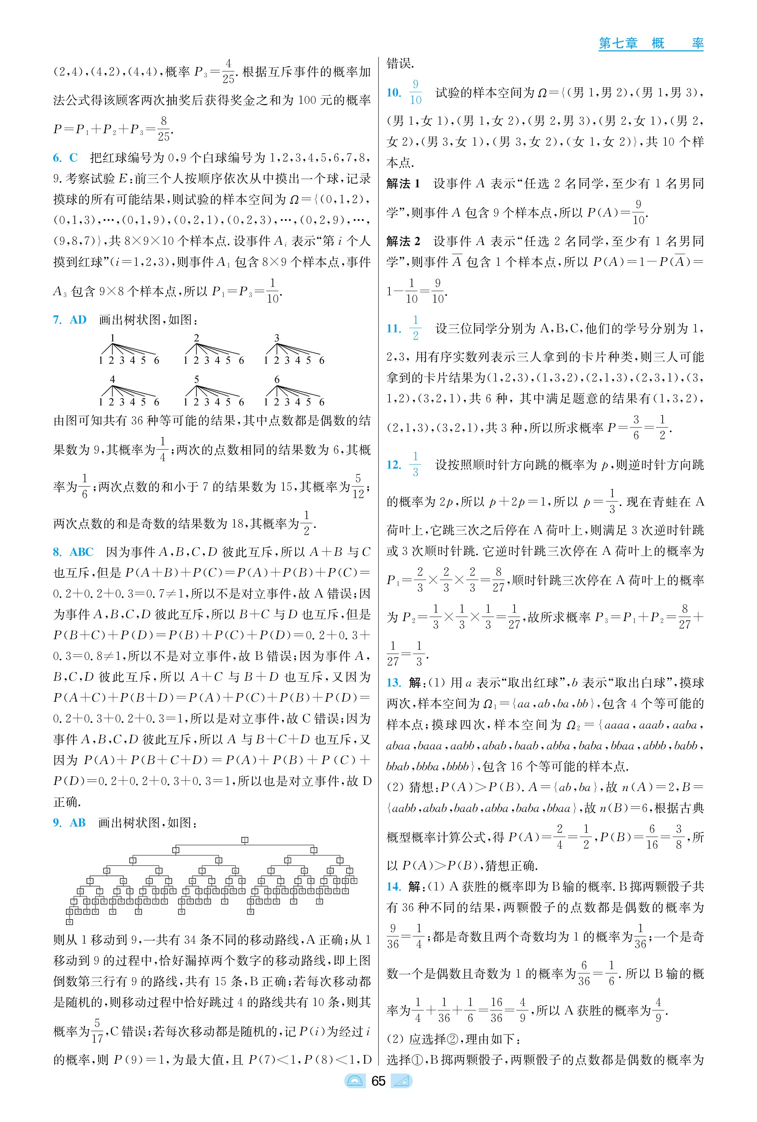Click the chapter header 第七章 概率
[x=650, y=43]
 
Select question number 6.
[x=57, y=158]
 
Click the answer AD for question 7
[x=78, y=319]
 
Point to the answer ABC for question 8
[x=82, y=552]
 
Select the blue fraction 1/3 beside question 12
[x=415, y=464]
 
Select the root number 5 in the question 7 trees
[x=197, y=379]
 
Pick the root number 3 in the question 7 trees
[x=277, y=338]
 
